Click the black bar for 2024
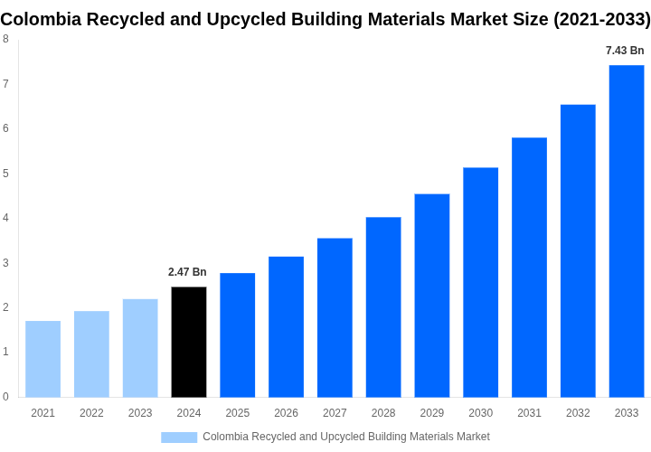click(188, 342)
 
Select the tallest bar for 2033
click(627, 231)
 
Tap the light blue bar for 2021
click(42, 359)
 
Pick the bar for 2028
click(383, 306)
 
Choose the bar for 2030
click(480, 282)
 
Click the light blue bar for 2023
click(140, 348)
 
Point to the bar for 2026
click(286, 326)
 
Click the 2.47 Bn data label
click(187, 272)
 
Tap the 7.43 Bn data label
click(625, 51)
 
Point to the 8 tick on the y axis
click(5, 39)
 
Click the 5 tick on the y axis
click(5, 173)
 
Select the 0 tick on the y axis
click(5, 396)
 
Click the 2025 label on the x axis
click(237, 413)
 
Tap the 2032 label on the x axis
click(578, 413)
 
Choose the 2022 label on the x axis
click(91, 413)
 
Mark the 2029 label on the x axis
click(431, 413)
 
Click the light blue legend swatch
click(179, 438)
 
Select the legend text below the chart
click(345, 438)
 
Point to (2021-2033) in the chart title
click(601, 19)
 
